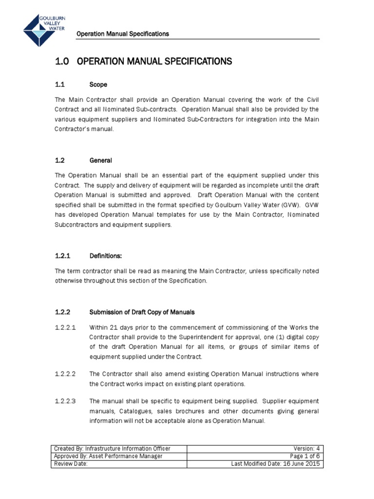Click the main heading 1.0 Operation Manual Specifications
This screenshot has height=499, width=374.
point(143,61)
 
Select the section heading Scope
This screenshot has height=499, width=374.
point(98,84)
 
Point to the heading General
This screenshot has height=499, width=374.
point(101,160)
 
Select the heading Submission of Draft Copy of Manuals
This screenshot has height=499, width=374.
point(142,312)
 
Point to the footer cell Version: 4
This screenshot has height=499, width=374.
point(306,448)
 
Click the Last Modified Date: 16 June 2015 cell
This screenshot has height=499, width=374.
point(276,464)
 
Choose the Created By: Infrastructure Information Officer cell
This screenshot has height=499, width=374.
point(113,448)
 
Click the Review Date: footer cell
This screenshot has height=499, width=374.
point(71,464)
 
